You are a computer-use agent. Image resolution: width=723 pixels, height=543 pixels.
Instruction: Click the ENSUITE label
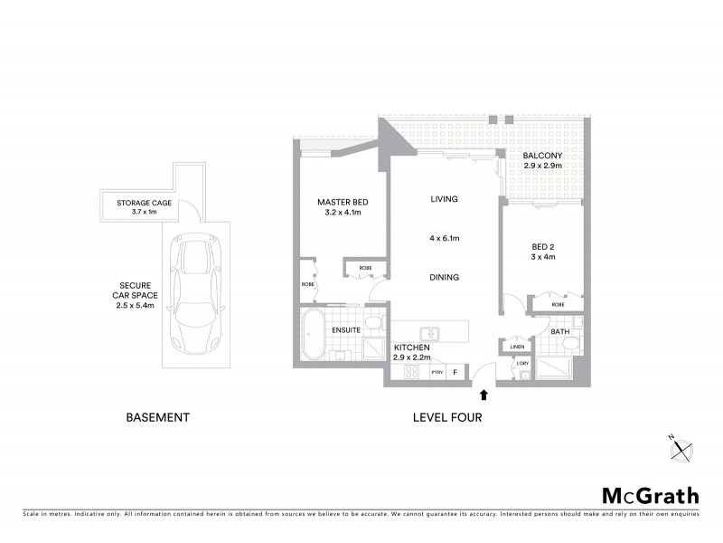346,330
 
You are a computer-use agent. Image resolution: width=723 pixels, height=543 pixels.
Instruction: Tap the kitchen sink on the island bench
431,333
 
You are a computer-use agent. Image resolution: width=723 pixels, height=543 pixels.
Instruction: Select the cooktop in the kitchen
412,370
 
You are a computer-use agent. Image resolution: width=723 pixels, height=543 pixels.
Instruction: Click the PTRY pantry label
437,371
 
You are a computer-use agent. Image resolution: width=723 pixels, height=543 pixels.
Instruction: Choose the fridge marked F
455,371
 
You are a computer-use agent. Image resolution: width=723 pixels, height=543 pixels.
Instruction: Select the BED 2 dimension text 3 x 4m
542,256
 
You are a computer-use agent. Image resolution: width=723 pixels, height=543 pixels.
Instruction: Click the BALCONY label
543,156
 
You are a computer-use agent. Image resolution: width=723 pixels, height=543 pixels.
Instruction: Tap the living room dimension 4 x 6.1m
444,239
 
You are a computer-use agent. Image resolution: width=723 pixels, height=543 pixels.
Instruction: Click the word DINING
444,278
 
